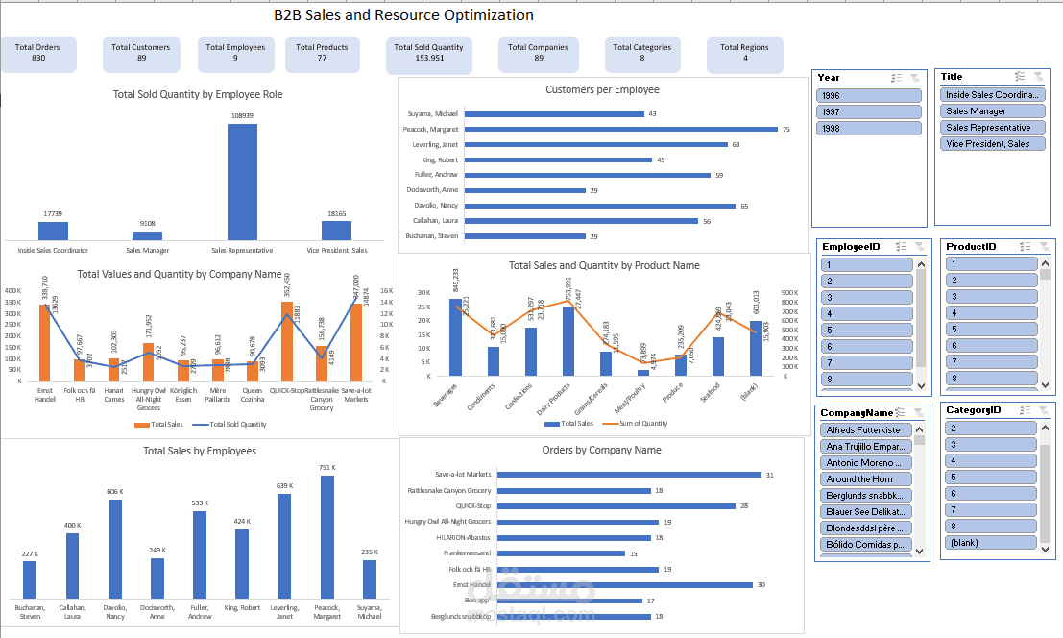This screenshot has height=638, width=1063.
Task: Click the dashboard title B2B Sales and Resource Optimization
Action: point(403,15)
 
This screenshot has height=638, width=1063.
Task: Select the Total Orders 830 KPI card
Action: point(37,54)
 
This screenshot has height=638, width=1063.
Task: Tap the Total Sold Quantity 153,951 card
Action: point(428,54)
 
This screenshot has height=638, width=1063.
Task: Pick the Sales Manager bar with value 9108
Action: point(147,235)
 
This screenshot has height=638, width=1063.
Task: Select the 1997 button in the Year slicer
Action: point(869,111)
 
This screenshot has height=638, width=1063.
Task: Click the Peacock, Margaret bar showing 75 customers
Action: point(620,129)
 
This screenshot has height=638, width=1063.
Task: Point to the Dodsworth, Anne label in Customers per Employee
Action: point(432,190)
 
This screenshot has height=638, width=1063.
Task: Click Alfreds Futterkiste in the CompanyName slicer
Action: point(867,430)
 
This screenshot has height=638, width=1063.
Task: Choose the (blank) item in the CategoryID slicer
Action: point(991,543)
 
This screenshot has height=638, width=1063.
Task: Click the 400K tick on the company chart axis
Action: point(13,290)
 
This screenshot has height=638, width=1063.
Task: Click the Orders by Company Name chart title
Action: point(601,450)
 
